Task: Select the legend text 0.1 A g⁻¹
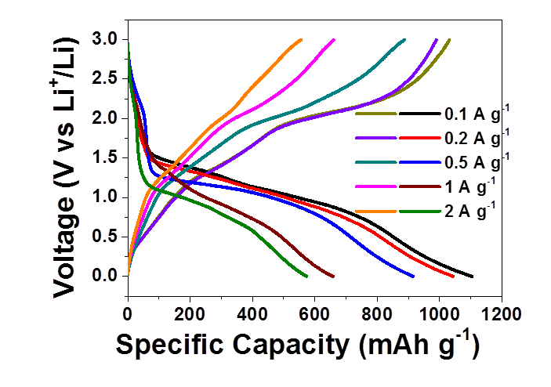(477, 114)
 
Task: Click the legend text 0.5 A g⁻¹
(477, 162)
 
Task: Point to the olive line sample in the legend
(375, 114)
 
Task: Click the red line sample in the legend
(420, 138)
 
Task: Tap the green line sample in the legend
(420, 210)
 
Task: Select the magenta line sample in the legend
(375, 186)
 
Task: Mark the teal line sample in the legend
(375, 162)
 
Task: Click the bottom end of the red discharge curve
(454, 276)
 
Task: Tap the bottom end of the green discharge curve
(307, 276)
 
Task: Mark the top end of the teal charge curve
(404, 39)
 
